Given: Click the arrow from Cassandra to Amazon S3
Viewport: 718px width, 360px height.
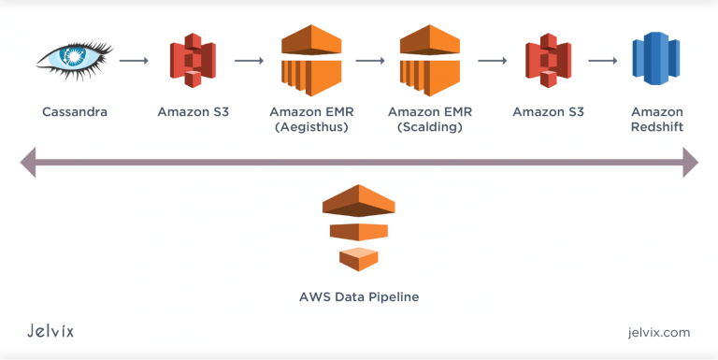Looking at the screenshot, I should [x=135, y=62].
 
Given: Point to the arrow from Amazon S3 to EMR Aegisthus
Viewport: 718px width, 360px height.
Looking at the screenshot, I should [x=249, y=62].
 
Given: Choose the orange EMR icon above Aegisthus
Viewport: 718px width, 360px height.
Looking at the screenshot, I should [x=309, y=60].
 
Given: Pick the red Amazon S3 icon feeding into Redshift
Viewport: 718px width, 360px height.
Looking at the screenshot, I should [x=548, y=61].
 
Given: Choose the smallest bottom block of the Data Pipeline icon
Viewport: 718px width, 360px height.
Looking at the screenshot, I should [x=359, y=259].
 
